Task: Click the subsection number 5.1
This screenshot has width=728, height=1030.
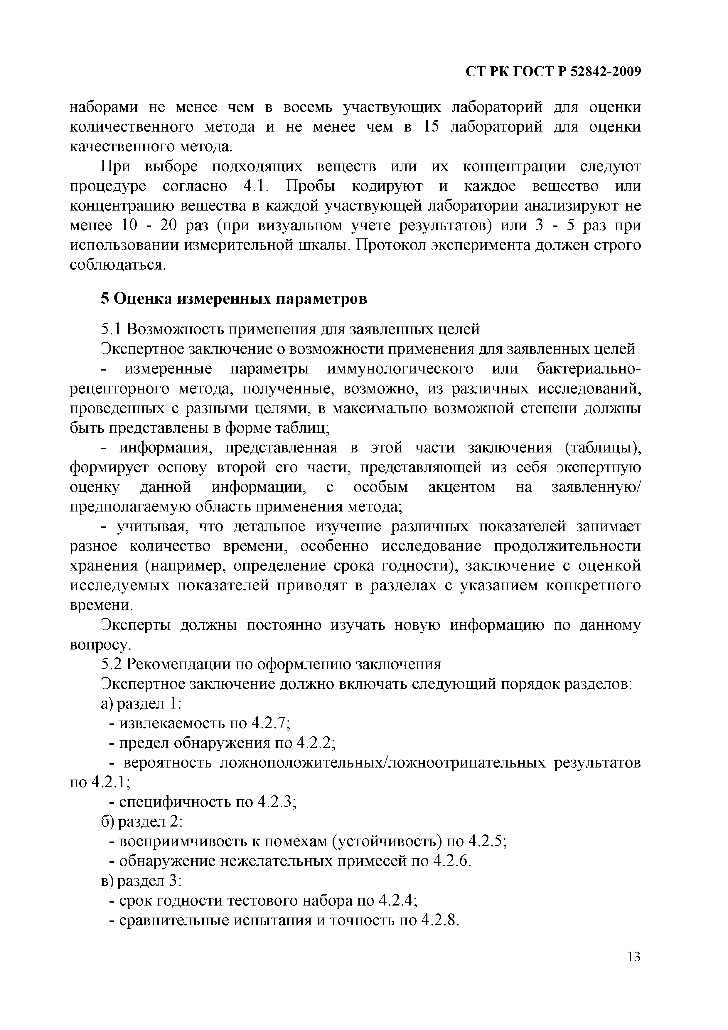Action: tap(110, 330)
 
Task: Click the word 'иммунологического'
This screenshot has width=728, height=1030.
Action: tap(400, 369)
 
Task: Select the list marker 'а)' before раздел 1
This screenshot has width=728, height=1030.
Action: tap(107, 704)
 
